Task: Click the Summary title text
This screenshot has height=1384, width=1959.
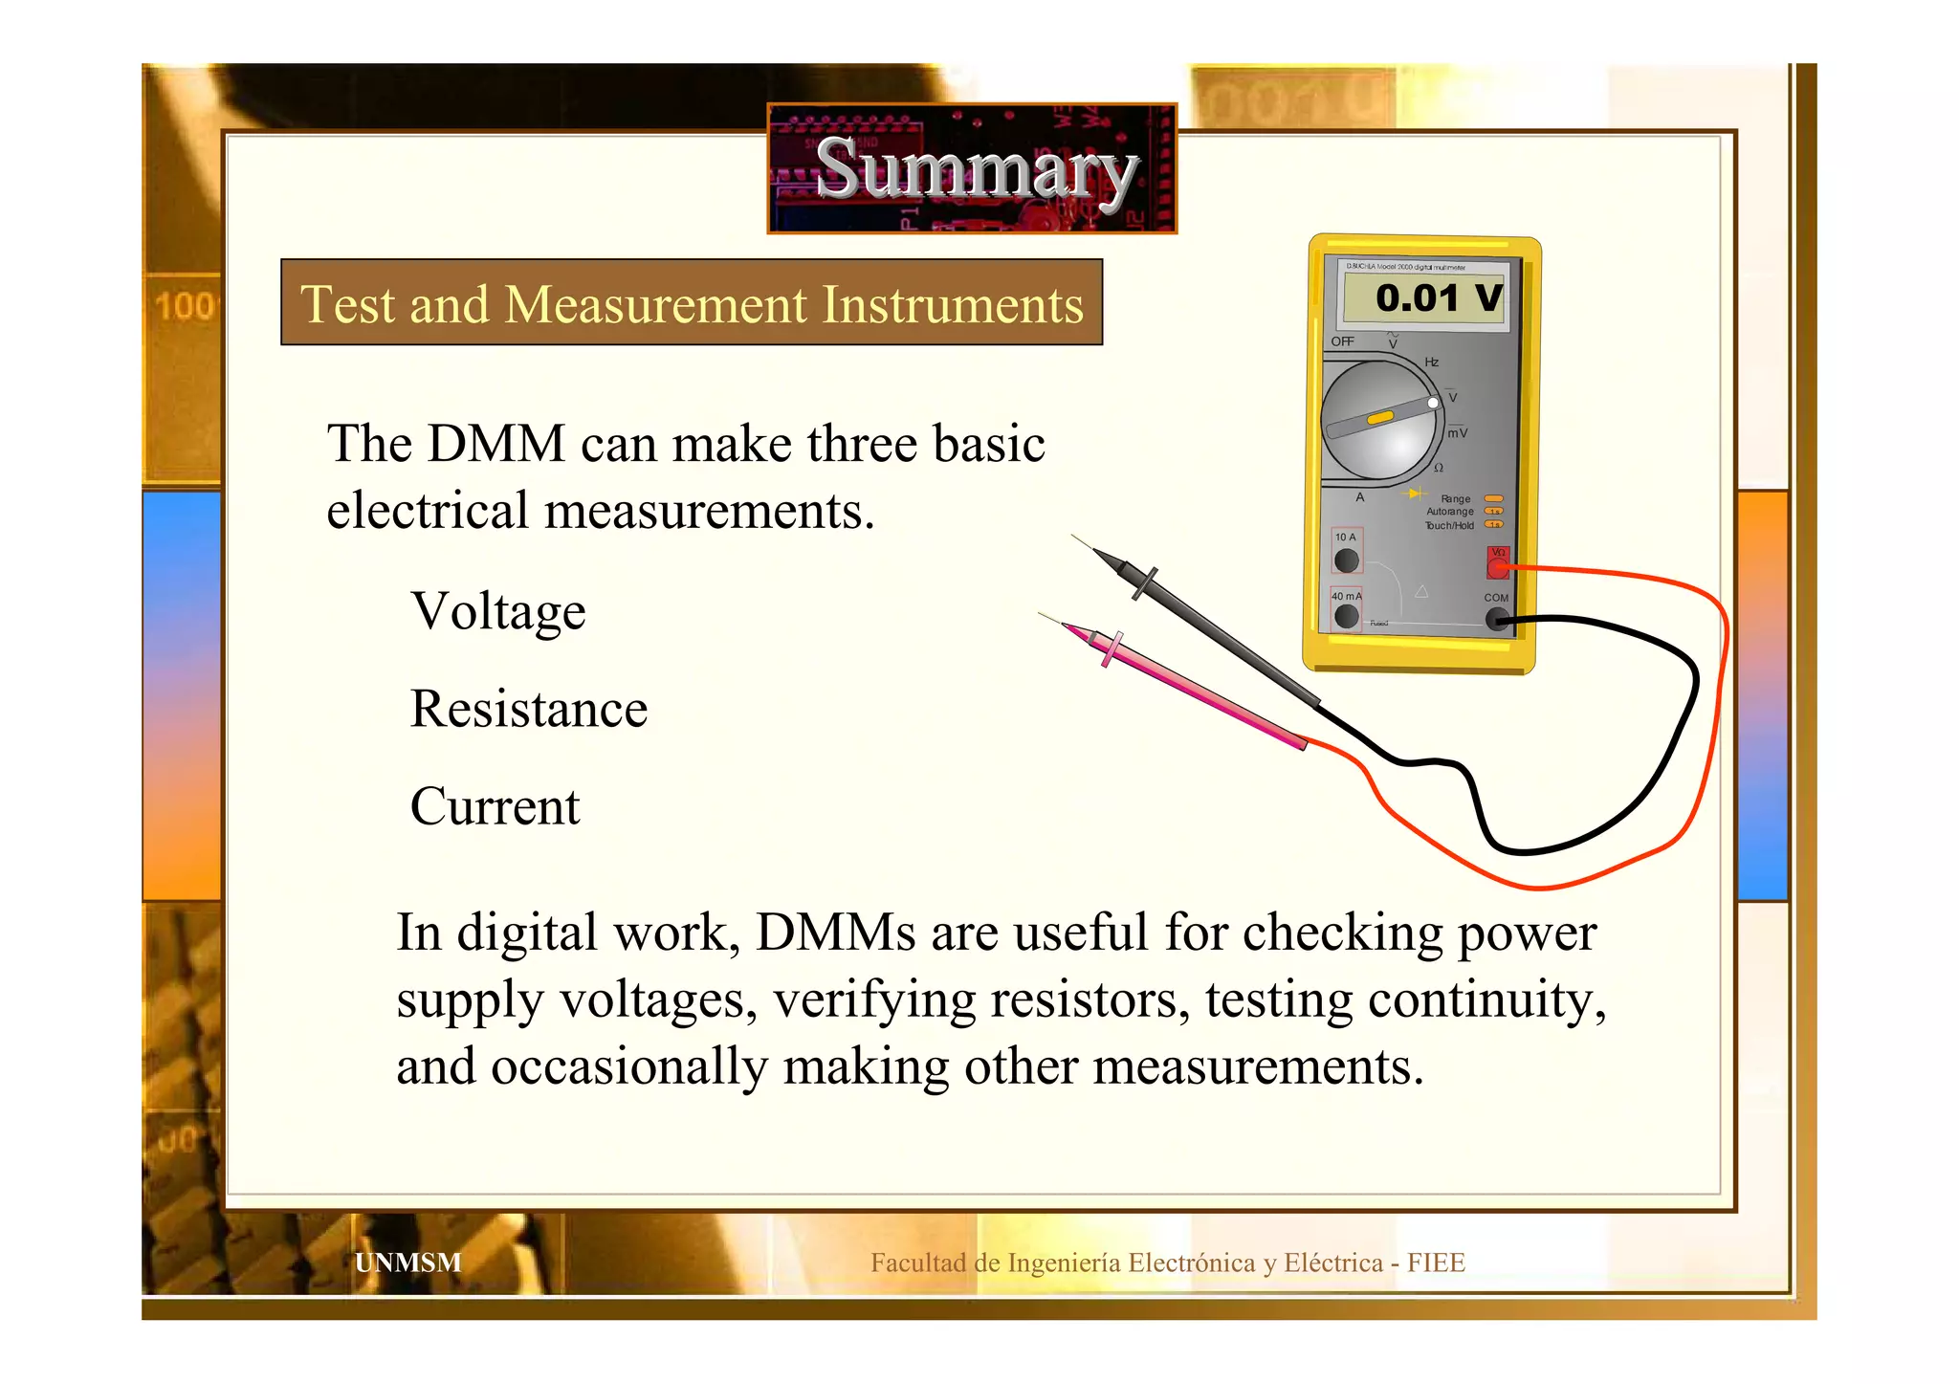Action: pos(976,169)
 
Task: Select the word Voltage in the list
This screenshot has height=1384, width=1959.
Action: pos(497,612)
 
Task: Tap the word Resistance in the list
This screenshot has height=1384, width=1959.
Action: pos(528,709)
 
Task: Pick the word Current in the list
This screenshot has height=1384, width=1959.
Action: pos(495,806)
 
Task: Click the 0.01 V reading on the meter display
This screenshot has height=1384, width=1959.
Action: pos(1438,298)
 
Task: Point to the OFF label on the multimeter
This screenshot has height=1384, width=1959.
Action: pos(1342,341)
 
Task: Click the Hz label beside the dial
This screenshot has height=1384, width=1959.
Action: pos(1431,362)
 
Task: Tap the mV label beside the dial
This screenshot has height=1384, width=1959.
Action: pos(1457,433)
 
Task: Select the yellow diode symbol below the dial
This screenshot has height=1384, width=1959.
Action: pos(1414,494)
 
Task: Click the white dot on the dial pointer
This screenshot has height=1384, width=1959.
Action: pos(1433,403)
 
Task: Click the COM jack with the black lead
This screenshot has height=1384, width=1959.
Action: pos(1496,620)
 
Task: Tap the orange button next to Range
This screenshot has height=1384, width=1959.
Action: pos(1493,498)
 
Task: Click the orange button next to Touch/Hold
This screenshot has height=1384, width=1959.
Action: pos(1493,524)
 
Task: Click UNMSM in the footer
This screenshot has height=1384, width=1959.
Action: pos(407,1263)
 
